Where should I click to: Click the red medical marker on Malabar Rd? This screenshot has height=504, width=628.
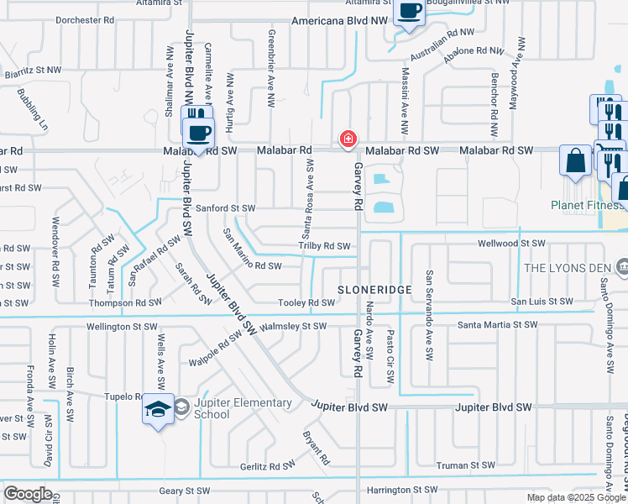click(346, 139)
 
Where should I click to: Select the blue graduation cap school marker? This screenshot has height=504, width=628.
click(158, 409)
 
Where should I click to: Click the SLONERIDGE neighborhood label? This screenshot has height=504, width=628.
click(374, 289)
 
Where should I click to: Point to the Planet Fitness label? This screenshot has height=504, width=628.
click(588, 205)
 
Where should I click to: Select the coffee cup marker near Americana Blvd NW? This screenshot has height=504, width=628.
click(409, 13)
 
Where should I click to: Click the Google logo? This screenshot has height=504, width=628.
click(28, 494)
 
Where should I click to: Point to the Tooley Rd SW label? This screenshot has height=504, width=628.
click(306, 303)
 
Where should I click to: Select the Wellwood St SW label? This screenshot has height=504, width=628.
click(510, 243)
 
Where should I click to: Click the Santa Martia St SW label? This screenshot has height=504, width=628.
click(497, 323)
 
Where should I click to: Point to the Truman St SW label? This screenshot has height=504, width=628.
click(470, 465)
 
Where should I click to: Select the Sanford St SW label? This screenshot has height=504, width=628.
click(225, 207)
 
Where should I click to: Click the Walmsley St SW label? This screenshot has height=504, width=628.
click(293, 326)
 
